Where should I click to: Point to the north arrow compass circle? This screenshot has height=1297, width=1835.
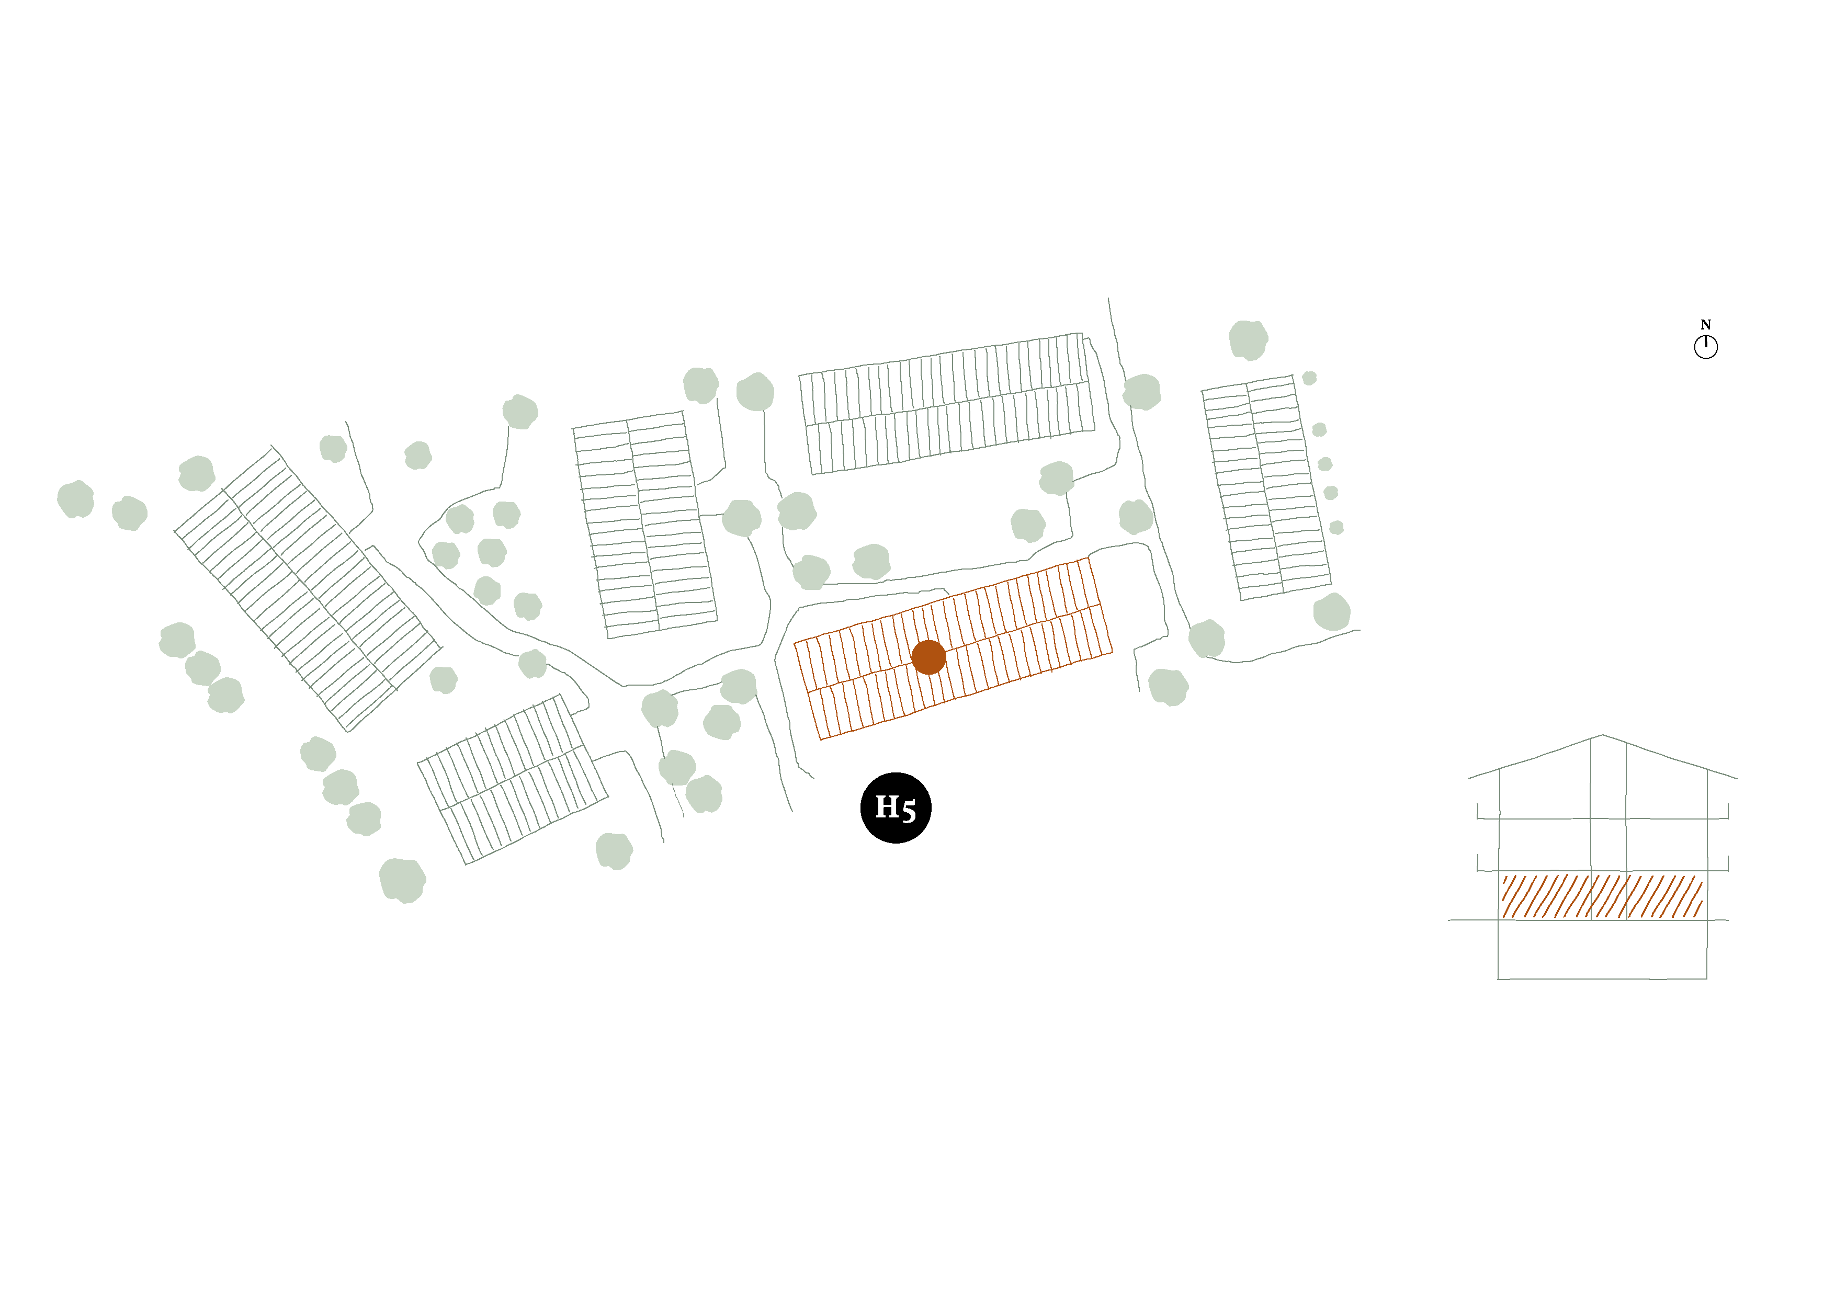tap(1705, 347)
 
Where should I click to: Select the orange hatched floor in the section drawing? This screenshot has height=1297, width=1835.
tap(1602, 896)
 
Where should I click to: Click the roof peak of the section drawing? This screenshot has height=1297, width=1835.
tap(1602, 735)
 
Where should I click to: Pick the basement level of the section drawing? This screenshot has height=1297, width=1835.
tap(1602, 949)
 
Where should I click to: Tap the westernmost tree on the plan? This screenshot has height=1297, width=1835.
tap(76, 499)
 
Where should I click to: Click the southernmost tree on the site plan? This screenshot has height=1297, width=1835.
tap(402, 881)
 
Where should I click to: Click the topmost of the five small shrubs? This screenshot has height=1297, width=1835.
tap(1309, 378)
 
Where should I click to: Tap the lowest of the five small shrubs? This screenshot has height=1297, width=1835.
tap(1336, 528)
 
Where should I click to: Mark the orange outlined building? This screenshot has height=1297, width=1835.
tap(953, 648)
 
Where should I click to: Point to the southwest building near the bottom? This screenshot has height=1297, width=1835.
tap(512, 779)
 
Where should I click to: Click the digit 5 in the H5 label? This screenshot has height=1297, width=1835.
tap(908, 810)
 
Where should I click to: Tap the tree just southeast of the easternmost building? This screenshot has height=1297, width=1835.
tap(1331, 612)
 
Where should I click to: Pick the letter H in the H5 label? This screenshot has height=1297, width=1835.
tap(887, 807)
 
